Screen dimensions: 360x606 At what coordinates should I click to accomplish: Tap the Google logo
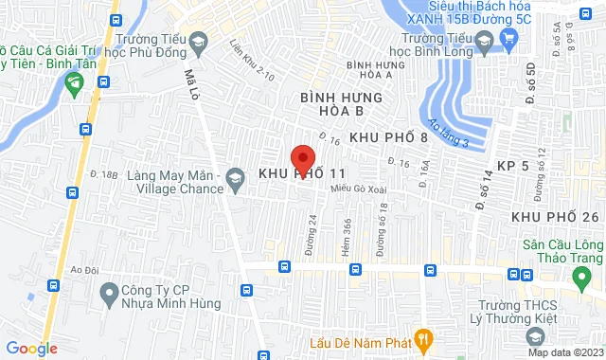(30, 349)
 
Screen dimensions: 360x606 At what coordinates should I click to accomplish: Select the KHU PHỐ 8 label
(389, 137)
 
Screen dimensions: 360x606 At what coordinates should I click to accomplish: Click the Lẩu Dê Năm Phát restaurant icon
(425, 335)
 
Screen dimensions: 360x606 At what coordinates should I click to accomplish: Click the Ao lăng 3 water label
(449, 132)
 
